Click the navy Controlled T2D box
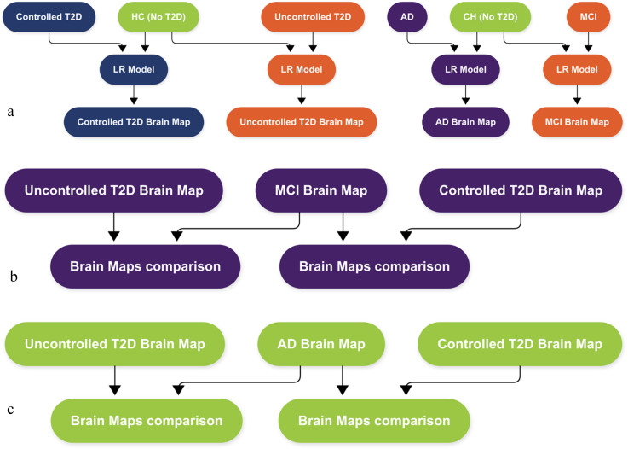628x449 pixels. (x=49, y=17)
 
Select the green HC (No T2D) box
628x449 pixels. (x=158, y=17)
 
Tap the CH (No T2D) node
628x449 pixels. (x=490, y=17)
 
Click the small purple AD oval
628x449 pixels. (x=407, y=17)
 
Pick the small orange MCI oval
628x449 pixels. (x=588, y=17)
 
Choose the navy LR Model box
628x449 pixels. (x=134, y=69)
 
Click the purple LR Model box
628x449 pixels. (x=465, y=69)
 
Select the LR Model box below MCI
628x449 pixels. (x=577, y=69)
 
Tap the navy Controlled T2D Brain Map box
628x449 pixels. (x=134, y=122)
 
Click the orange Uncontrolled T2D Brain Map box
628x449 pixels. (x=301, y=122)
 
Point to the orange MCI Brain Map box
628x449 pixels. (x=577, y=122)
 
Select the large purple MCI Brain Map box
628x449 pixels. (x=321, y=190)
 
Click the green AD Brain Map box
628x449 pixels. (x=321, y=344)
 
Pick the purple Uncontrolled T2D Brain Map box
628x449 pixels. (x=113, y=190)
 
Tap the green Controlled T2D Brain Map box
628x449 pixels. (x=520, y=344)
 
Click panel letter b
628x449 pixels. (x=14, y=277)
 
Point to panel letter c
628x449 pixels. (x=10, y=410)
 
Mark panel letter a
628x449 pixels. (x=10, y=112)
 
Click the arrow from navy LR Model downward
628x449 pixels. (x=134, y=94)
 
